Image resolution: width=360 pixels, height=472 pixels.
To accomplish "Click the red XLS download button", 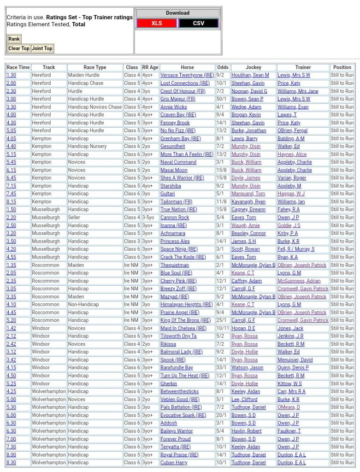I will tap(157, 23).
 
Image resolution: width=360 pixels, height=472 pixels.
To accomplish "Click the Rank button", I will tap(14, 39).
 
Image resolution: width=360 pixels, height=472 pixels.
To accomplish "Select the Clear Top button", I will tap(19, 48).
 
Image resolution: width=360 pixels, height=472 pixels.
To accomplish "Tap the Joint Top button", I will tap(42, 48).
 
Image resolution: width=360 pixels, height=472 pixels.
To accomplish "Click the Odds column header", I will tap(223, 67).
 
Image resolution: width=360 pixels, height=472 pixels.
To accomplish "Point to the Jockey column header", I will tap(253, 67).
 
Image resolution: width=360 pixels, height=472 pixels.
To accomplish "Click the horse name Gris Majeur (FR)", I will tap(178, 99).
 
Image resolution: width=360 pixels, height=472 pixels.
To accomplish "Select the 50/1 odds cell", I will tap(222, 99).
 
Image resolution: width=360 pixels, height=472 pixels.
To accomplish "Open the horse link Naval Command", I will tap(178, 162).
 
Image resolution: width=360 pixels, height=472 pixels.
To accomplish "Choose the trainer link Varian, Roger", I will tap(292, 178).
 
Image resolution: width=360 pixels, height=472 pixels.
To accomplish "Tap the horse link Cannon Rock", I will tap(175, 218).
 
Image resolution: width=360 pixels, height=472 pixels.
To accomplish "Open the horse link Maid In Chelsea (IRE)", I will tap(183, 328).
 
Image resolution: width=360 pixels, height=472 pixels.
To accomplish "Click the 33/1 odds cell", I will tap(222, 368).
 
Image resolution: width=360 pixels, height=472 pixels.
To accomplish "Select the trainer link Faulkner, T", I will tap(289, 431).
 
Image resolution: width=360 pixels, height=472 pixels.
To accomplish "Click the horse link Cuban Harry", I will tap(174, 462).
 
